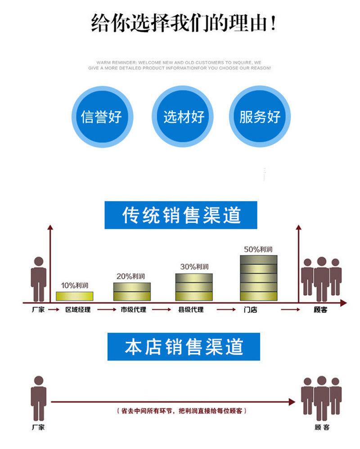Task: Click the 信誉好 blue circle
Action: coord(102,117)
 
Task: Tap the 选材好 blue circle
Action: coord(182,117)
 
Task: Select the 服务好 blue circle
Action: coord(260,117)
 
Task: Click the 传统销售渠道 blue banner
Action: coord(181,215)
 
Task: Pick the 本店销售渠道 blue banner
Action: coord(184,346)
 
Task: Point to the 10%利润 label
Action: coord(74,286)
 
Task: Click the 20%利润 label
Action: coord(130,277)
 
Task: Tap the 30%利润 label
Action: coord(194,267)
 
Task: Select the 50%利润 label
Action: coord(258,249)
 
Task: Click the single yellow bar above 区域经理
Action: coord(74,296)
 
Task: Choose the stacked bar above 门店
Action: coord(259,278)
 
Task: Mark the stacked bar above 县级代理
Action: coord(194,287)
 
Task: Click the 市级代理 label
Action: coord(133,309)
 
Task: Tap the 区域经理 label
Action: coord(78,309)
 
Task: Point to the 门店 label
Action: coord(250,309)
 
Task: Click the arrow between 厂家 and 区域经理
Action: coord(54,309)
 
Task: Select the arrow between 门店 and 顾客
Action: coord(290,309)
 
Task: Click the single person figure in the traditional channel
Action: coord(39,279)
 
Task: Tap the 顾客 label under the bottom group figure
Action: coord(322,427)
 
